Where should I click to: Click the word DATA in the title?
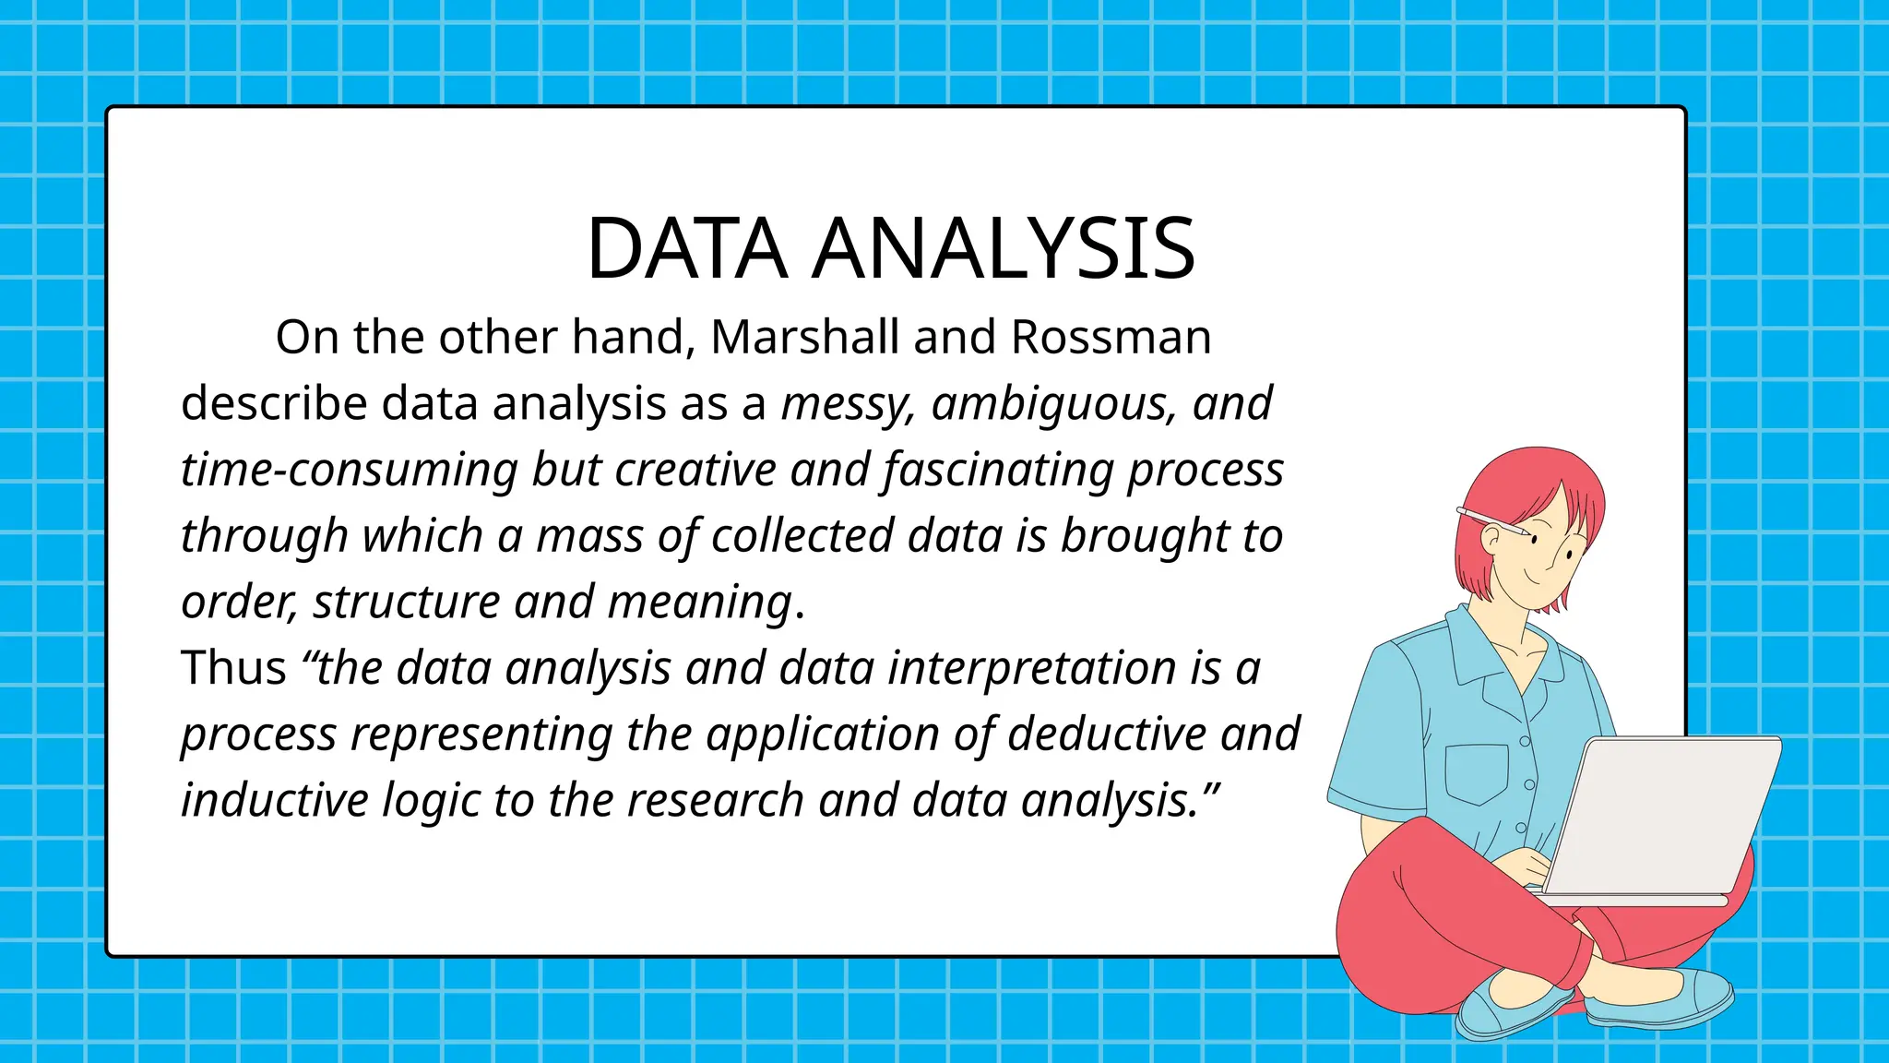coord(687,249)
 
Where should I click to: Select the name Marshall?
coord(804,337)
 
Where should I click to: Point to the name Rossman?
coord(1111,337)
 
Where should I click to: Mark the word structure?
coord(407,602)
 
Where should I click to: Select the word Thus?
coord(233,667)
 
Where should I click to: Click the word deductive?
coord(1107,734)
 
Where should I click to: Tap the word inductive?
coord(274,800)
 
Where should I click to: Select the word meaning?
coord(700,602)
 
